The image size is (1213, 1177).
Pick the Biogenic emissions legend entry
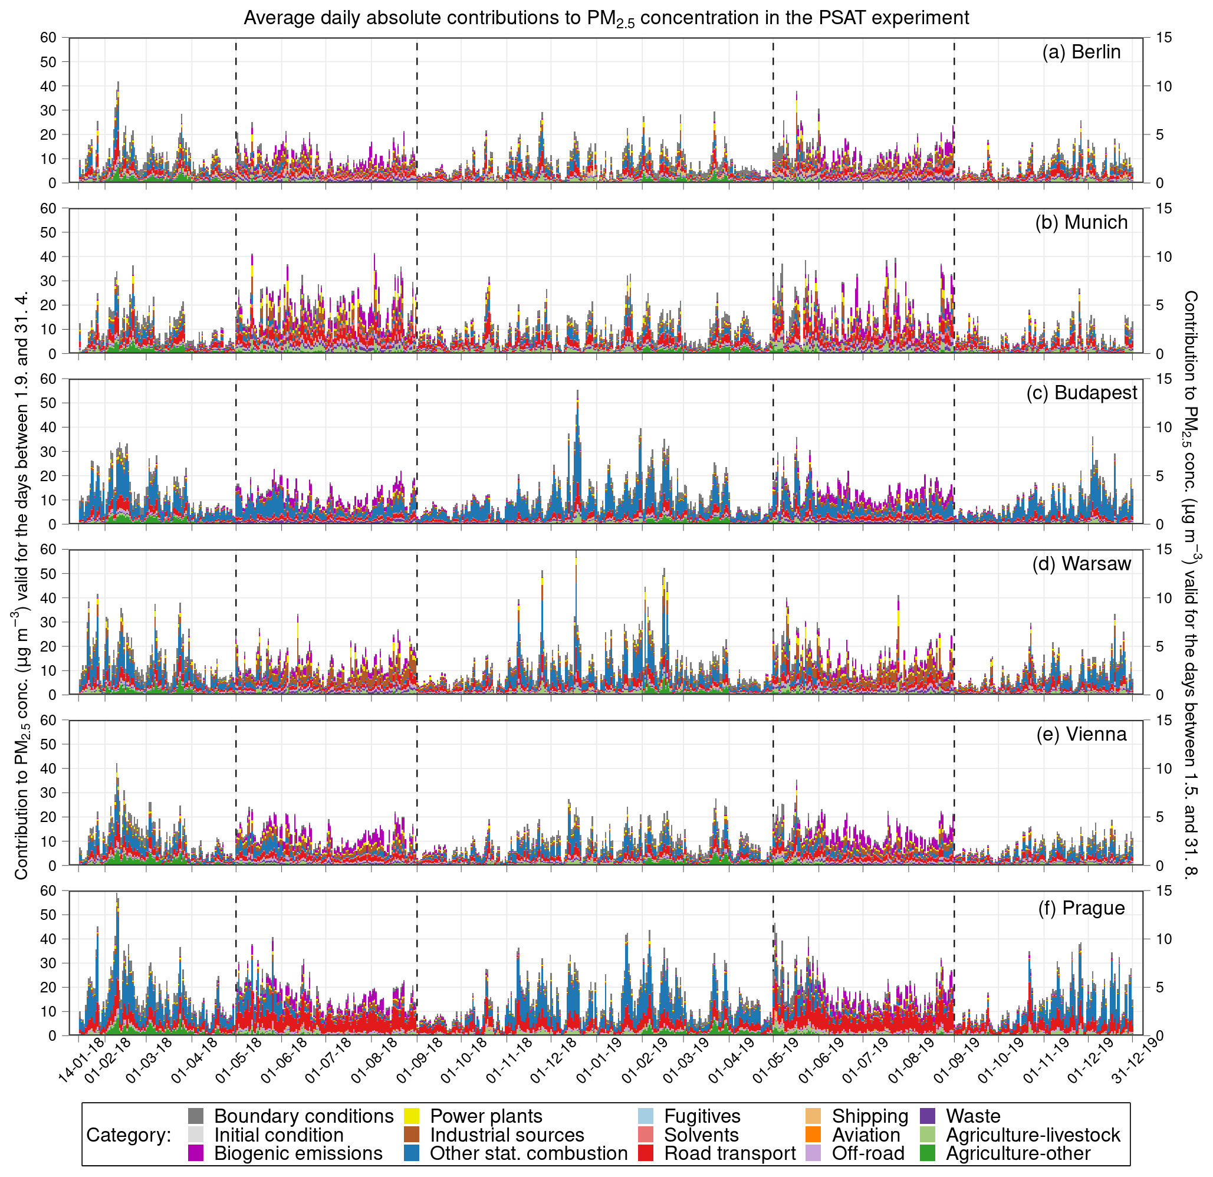(x=298, y=1153)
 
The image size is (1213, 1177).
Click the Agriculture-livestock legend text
(x=1033, y=1135)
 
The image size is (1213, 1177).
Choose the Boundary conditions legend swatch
(x=196, y=1116)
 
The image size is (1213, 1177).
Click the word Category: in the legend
(x=129, y=1135)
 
